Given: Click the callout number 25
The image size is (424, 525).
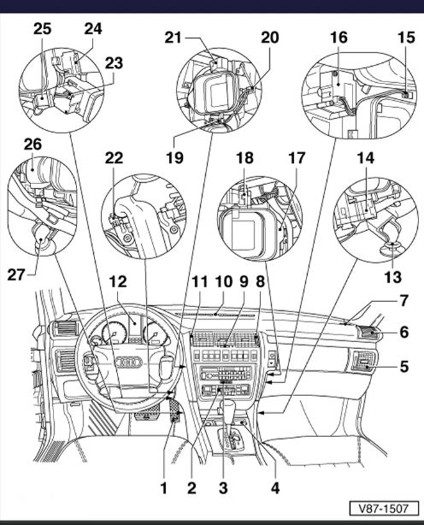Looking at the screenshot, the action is click(42, 28).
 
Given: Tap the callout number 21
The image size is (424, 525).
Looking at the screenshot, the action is click(173, 38).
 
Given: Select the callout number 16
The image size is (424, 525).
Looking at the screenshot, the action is click(339, 37).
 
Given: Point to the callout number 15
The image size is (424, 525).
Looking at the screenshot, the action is click(406, 37).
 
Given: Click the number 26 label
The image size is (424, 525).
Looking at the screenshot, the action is click(32, 145).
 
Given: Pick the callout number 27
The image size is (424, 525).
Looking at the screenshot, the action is click(16, 274).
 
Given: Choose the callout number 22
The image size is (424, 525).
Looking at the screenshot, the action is click(114, 157).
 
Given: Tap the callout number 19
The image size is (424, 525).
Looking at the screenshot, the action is click(174, 157).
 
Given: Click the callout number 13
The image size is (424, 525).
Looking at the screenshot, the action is click(392, 277).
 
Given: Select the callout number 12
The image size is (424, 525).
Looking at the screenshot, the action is click(118, 281).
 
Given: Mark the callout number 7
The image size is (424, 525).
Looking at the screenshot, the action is click(404, 300).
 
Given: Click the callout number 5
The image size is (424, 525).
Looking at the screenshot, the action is click(404, 366).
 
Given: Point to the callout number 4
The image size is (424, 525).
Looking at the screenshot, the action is click(274, 488).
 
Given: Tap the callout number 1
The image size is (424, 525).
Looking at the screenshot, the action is click(163, 488).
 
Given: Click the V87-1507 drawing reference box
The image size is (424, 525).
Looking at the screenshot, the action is click(384, 508).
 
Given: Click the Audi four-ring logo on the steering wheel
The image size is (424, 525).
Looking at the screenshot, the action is click(128, 362).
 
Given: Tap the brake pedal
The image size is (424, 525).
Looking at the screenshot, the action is click(146, 416).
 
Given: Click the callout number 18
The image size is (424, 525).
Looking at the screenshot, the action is click(244, 157).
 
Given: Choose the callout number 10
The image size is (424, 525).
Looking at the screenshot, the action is click(224, 281).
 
